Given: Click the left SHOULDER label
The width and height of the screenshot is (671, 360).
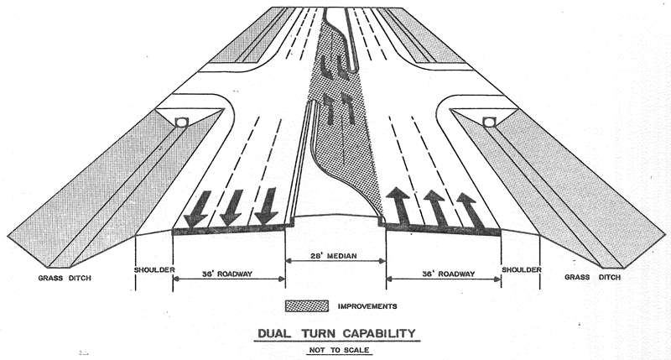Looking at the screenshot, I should coord(154,269).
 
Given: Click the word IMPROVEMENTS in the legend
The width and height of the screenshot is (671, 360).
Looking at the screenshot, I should coord(367,305).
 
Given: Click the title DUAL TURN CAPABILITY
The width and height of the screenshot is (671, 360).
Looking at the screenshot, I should coord(335,333).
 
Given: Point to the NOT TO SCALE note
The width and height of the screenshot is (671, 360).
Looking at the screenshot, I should coord(335,347).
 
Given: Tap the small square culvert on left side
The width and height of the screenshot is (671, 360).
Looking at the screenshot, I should coord(181,123).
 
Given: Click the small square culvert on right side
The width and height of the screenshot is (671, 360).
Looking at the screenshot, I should coord(490,123).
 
